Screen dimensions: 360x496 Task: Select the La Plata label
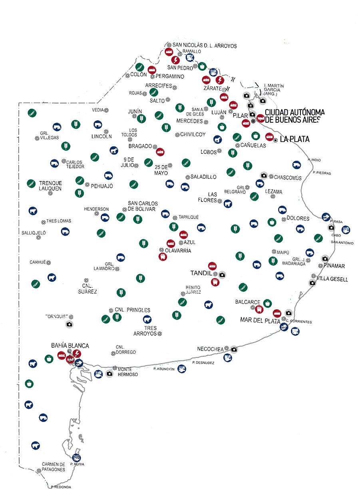tap(294, 139)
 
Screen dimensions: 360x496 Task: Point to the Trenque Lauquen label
tap(50, 186)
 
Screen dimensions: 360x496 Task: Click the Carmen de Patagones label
tap(54, 467)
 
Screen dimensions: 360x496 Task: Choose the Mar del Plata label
tap(260, 320)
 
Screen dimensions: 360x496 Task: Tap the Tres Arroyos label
tap(145, 331)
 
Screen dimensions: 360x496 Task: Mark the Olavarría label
tap(178, 251)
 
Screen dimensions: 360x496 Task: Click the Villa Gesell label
tap(332, 279)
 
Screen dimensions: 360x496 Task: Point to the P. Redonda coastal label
tap(61, 487)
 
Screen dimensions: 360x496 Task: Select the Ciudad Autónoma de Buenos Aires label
tap(294, 116)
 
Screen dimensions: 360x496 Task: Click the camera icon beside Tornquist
tap(69, 324)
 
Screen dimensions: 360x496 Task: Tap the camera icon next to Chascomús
tap(264, 175)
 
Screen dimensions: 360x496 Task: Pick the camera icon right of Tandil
tap(222, 275)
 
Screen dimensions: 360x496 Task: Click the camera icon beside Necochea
tap(234, 350)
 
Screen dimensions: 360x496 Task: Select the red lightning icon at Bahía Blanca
tap(77, 353)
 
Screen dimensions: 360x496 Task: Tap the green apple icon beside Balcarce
tap(267, 303)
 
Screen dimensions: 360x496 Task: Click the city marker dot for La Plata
tap(275, 140)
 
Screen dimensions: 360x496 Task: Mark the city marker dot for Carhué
tap(48, 263)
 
